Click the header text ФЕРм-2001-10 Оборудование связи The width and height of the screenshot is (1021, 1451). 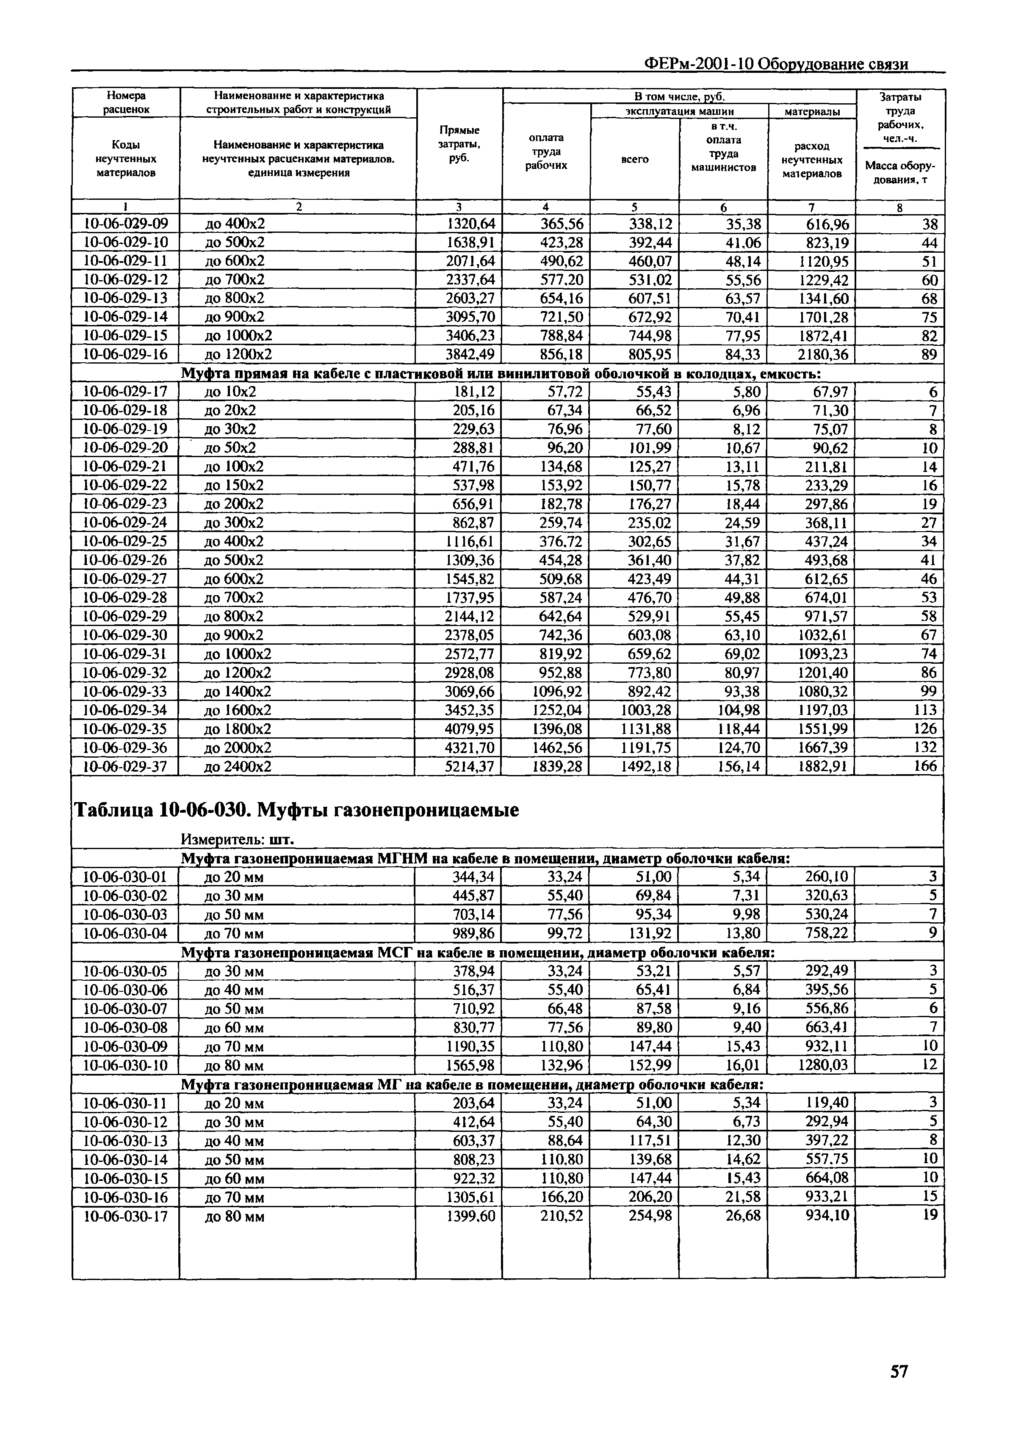point(776,64)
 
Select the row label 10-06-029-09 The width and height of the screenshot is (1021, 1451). point(125,224)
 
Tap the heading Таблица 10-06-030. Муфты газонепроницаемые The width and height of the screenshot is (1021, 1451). point(296,810)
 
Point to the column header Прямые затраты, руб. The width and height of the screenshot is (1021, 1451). point(459,143)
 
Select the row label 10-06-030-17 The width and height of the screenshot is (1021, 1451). point(125,1217)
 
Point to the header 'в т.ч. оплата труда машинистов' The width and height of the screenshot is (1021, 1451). point(723,147)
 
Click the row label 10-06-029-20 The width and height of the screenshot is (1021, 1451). point(125,448)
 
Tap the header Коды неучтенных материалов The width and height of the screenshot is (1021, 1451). point(126,159)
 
